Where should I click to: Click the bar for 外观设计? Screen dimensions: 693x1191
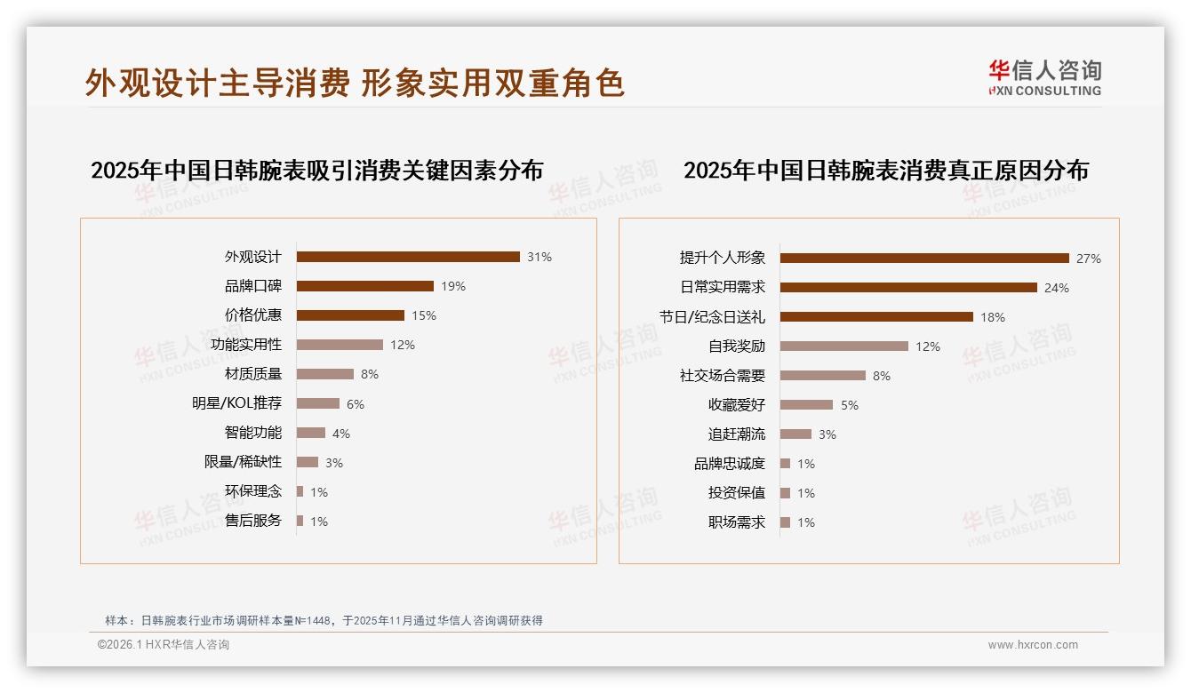click(408, 257)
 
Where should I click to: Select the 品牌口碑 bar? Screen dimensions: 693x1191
click(364, 286)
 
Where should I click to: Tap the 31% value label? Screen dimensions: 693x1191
click(539, 257)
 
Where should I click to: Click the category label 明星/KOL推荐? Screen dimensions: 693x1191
click(236, 403)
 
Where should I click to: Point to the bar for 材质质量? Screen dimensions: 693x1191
click(324, 374)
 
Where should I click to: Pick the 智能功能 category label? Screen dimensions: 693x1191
click(252, 433)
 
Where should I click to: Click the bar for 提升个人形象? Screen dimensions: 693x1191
click(924, 259)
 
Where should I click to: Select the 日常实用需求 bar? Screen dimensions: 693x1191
click(908, 288)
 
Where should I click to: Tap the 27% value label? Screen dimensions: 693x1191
click(1088, 259)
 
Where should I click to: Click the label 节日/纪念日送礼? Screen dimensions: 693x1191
click(712, 317)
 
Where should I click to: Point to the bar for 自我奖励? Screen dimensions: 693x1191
click(844, 346)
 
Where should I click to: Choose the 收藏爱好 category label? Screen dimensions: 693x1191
click(736, 405)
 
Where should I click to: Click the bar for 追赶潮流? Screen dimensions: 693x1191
click(795, 434)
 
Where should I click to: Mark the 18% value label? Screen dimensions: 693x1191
click(992, 317)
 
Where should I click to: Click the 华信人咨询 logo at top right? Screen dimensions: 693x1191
click(1044, 77)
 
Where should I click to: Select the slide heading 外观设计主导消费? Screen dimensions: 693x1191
click(218, 83)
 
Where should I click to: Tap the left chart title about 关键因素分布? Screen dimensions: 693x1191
click(316, 170)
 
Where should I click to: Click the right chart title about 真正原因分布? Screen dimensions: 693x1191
click(885, 170)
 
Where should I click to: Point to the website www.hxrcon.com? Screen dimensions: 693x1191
click(1033, 645)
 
